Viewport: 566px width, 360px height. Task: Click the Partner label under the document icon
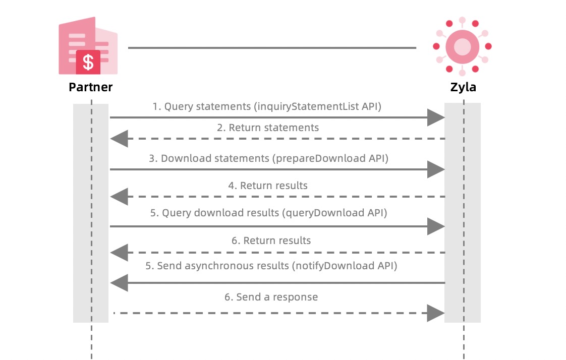coord(91,87)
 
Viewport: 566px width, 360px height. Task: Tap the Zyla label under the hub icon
coord(463,87)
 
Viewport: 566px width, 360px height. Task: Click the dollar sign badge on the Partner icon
coord(88,62)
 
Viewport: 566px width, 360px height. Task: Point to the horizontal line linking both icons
coord(272,48)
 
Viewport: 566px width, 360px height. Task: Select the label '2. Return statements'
coord(268,128)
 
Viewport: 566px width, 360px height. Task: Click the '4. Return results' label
coord(268,186)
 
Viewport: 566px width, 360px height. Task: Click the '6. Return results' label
coord(271,241)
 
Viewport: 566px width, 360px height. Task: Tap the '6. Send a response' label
coord(271,297)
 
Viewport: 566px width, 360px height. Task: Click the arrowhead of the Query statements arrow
coord(435,117)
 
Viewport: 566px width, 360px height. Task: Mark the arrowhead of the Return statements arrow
coord(119,138)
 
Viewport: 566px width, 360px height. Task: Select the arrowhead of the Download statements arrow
coord(435,169)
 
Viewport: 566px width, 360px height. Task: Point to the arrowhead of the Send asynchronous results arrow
coord(119,283)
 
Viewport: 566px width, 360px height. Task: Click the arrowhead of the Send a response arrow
coord(435,313)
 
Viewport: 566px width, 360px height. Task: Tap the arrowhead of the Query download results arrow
coord(435,226)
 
